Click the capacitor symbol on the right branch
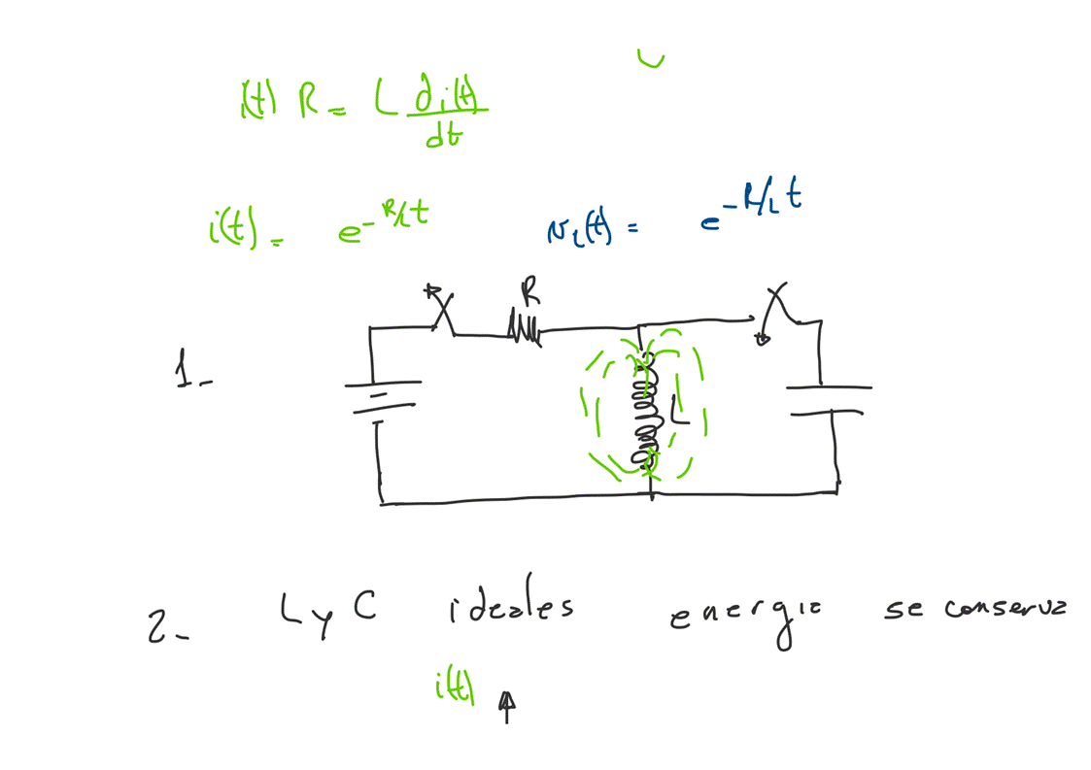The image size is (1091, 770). point(827,399)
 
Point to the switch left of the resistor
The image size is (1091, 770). point(442,309)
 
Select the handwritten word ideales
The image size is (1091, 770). point(511,610)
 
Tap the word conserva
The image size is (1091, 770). point(1005,609)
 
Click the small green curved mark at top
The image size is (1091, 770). point(651,60)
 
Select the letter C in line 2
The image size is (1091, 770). point(362,606)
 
